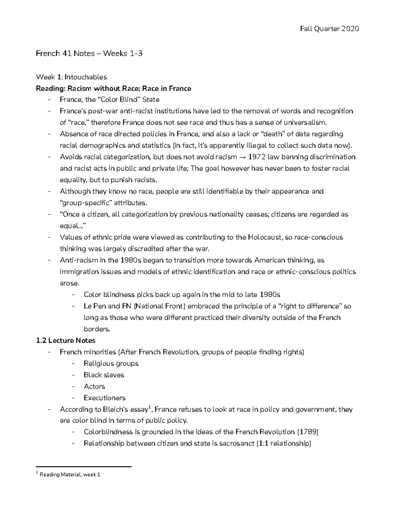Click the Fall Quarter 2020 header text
tap(329, 29)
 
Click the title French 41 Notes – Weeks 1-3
tap(89, 53)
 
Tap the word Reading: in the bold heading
tap(51, 89)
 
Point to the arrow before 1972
tap(243, 157)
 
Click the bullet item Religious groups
tap(111, 364)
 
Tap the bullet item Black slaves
tap(104, 375)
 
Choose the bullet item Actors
tap(94, 386)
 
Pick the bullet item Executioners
tap(104, 398)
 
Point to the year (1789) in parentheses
tap(308, 432)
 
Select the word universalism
tap(307, 123)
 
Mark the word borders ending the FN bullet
tap(96, 329)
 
